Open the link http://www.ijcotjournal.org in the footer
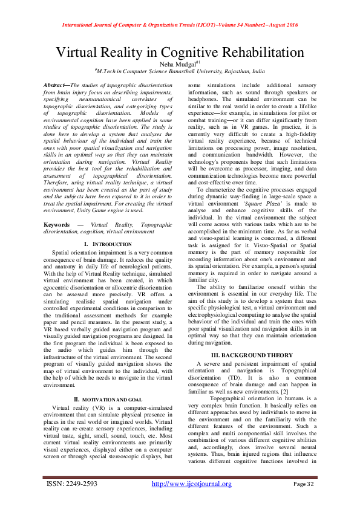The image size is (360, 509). tap(191, 484)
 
